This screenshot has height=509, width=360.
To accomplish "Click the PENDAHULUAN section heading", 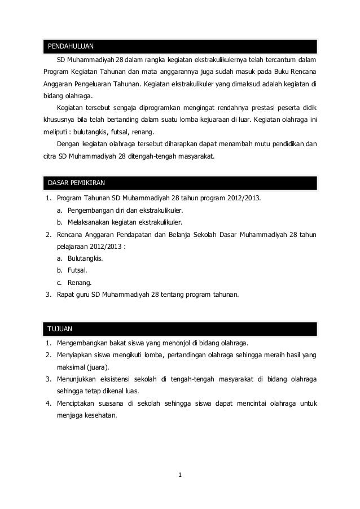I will [x=71, y=46].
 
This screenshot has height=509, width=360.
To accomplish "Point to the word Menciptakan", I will [x=77, y=403].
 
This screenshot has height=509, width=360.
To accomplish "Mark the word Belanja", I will [x=171, y=234].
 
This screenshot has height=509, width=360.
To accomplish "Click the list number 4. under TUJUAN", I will [x=49, y=403].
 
